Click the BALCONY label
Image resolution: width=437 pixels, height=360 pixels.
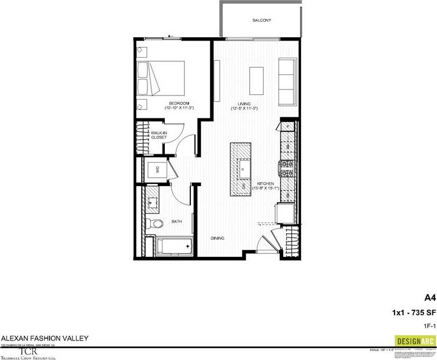click(x=261, y=20)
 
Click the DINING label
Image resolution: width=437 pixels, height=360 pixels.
click(x=217, y=238)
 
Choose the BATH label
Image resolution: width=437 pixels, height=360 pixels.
click(x=176, y=222)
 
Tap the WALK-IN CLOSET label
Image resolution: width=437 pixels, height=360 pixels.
click(x=158, y=135)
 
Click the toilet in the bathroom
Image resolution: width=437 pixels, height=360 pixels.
click(x=155, y=224)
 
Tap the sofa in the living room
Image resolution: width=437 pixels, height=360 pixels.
click(x=287, y=81)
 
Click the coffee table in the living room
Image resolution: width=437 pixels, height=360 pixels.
click(x=256, y=81)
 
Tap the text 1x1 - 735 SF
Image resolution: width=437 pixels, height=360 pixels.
click(x=413, y=312)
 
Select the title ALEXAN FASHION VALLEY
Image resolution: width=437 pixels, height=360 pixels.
click(x=45, y=338)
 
